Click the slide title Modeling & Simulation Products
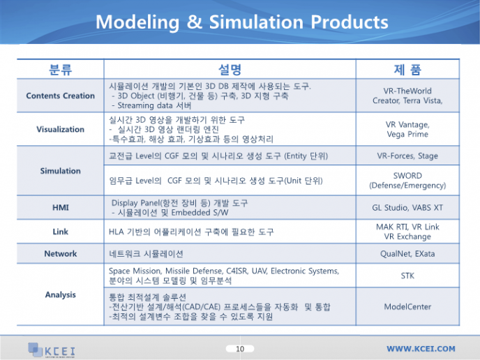pyautogui.click(x=242, y=22)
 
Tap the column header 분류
pyautogui.click(x=60, y=70)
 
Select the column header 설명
pyautogui.click(x=230, y=70)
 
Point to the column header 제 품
pyautogui.click(x=407, y=70)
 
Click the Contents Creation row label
pyautogui.click(x=60, y=96)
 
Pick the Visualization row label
pyautogui.click(x=60, y=129)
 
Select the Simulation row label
pyautogui.click(x=60, y=171)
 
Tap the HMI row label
pyautogui.click(x=60, y=207)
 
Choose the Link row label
pyautogui.click(x=60, y=232)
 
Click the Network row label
pyautogui.click(x=60, y=254)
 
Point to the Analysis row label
pyautogui.click(x=60, y=294)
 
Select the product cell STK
pyautogui.click(x=407, y=276)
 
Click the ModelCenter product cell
pyautogui.click(x=407, y=307)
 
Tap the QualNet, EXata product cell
pyautogui.click(x=407, y=254)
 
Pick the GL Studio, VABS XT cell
pyautogui.click(x=407, y=207)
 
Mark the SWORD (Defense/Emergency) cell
pyautogui.click(x=407, y=180)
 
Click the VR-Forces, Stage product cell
pyautogui.click(x=407, y=156)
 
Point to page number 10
pyautogui.click(x=240, y=349)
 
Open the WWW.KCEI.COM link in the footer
pyautogui.click(x=421, y=349)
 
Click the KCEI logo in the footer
pyautogui.click(x=52, y=350)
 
